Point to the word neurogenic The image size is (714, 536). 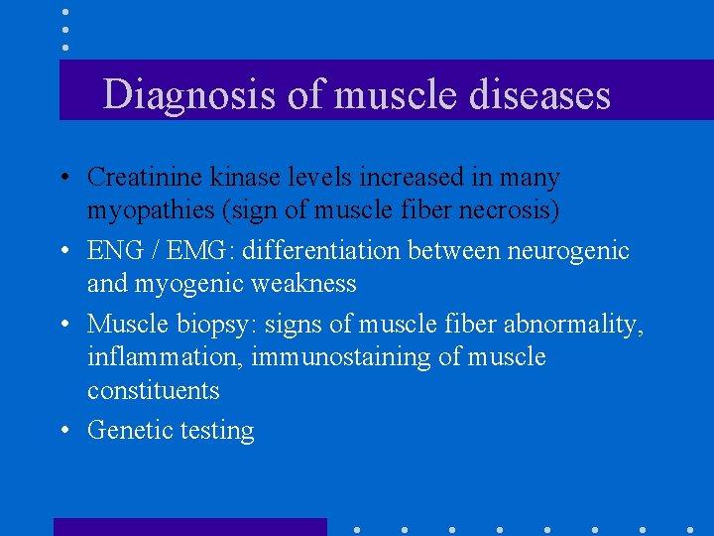(x=568, y=252)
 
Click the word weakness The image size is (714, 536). (x=303, y=284)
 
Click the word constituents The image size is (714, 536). (x=153, y=390)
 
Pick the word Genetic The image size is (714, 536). (x=126, y=430)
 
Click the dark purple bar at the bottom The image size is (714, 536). (x=189, y=527)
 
